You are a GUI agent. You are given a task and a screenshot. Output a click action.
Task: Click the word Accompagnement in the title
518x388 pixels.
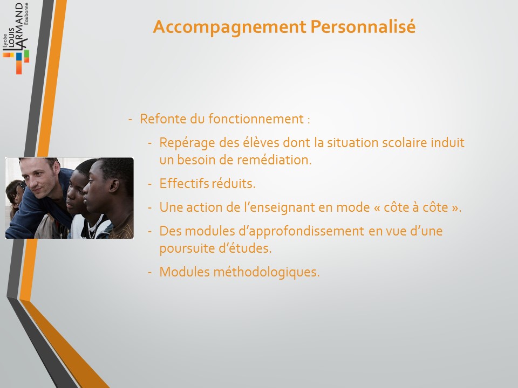coord(230,27)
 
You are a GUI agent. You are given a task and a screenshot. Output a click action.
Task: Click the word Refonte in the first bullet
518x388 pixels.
coord(163,119)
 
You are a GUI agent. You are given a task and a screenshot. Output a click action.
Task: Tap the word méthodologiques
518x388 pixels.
coord(266,273)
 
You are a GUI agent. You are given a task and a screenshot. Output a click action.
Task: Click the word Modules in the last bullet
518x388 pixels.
coord(185,272)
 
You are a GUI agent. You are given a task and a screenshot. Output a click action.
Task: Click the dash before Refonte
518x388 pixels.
coord(130,120)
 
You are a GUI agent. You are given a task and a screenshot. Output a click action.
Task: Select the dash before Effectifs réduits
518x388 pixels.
coord(150,184)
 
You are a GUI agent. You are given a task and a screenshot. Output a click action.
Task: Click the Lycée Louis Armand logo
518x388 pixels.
coord(16,38)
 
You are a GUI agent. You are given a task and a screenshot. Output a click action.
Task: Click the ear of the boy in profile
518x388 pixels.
coord(114,185)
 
